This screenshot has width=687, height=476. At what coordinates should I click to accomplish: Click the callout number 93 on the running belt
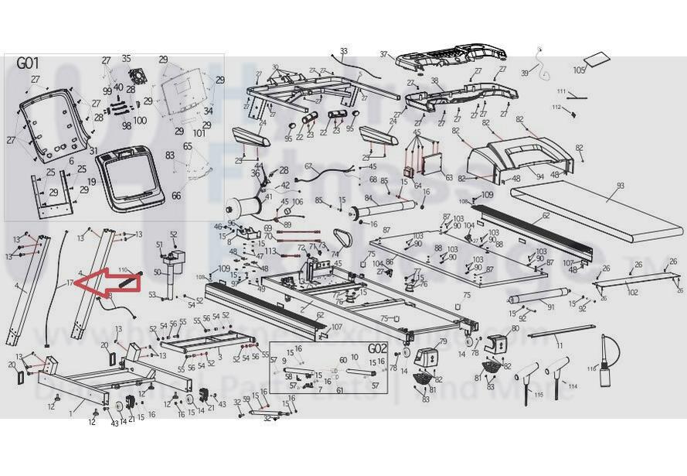coord(619,186)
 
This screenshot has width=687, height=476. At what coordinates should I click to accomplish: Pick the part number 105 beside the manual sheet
coord(580,70)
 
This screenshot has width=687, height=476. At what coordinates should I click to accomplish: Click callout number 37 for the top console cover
coord(384,54)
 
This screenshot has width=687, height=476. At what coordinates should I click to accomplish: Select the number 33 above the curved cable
coord(343,51)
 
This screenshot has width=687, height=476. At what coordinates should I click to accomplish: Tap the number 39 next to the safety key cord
coord(525,73)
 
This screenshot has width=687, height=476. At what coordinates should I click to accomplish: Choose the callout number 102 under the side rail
coord(632,293)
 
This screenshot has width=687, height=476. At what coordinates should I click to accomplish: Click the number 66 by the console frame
coord(176,196)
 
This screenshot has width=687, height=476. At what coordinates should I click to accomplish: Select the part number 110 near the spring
coord(123,270)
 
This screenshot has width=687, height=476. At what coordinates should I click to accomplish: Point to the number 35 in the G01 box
coord(126,58)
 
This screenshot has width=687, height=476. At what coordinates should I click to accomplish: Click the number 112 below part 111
coord(556,107)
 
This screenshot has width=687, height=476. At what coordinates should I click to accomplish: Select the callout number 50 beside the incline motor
coord(157,272)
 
